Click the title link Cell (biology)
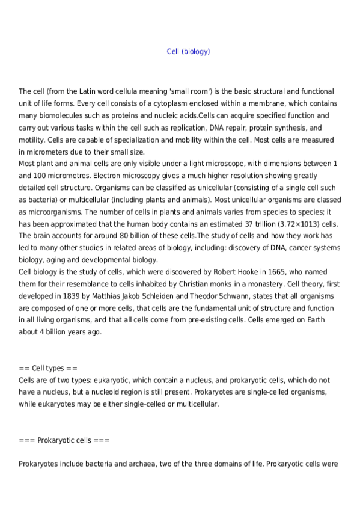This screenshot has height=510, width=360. coord(188,52)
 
